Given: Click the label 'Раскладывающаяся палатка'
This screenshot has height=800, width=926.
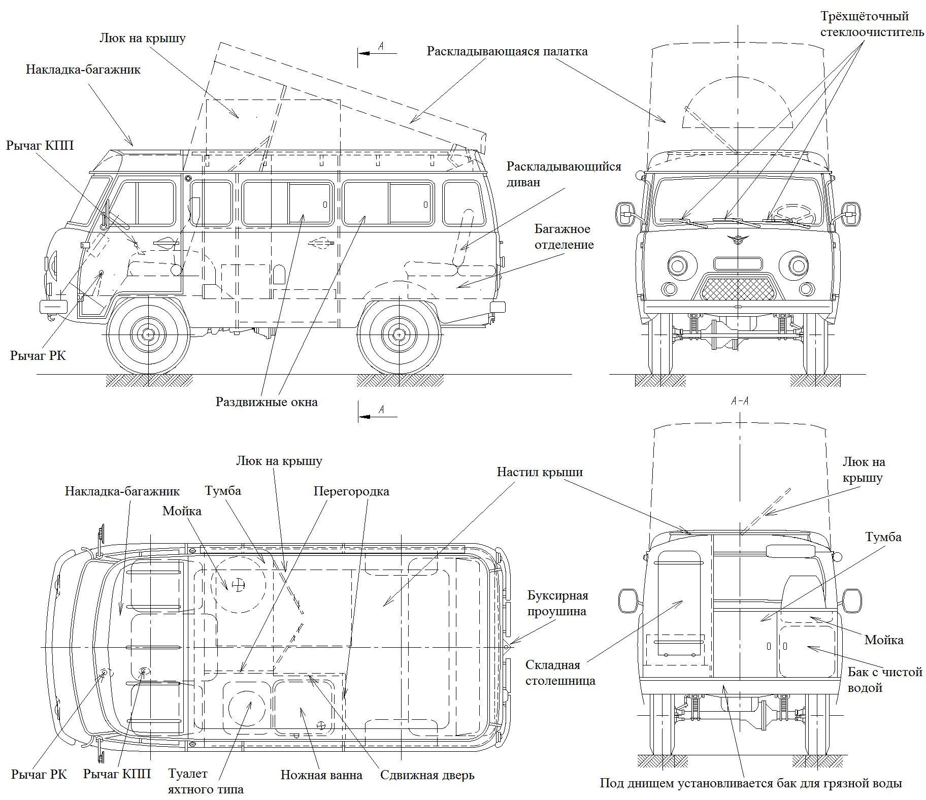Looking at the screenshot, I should [x=507, y=52].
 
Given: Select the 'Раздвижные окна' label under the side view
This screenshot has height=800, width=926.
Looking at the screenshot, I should [x=267, y=402].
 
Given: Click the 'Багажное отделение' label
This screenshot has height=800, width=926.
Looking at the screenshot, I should [x=564, y=237].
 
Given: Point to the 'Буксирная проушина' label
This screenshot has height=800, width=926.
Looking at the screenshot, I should [x=557, y=603].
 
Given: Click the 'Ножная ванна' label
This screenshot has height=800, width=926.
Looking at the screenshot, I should [x=321, y=775].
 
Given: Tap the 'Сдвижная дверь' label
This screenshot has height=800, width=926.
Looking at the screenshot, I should [x=427, y=775].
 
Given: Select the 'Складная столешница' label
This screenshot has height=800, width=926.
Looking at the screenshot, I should [x=560, y=673].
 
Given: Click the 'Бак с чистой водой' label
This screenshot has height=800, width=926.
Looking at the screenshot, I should [x=884, y=680].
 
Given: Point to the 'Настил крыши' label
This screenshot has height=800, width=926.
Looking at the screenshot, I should [x=539, y=472].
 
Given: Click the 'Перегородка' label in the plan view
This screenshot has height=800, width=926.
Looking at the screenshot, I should [x=351, y=491].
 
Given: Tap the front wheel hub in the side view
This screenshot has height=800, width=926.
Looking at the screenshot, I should [x=148, y=335].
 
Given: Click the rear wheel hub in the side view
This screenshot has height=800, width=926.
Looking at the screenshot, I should [x=399, y=335].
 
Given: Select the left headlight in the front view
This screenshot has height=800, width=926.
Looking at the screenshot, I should [x=677, y=265].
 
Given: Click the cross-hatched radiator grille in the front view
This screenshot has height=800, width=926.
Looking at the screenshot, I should [x=738, y=288].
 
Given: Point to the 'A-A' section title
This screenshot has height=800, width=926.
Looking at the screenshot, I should [x=740, y=401].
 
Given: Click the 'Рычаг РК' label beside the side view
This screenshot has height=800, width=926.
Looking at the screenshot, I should [x=38, y=355].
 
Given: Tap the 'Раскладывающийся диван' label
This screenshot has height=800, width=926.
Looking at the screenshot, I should [x=564, y=174].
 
